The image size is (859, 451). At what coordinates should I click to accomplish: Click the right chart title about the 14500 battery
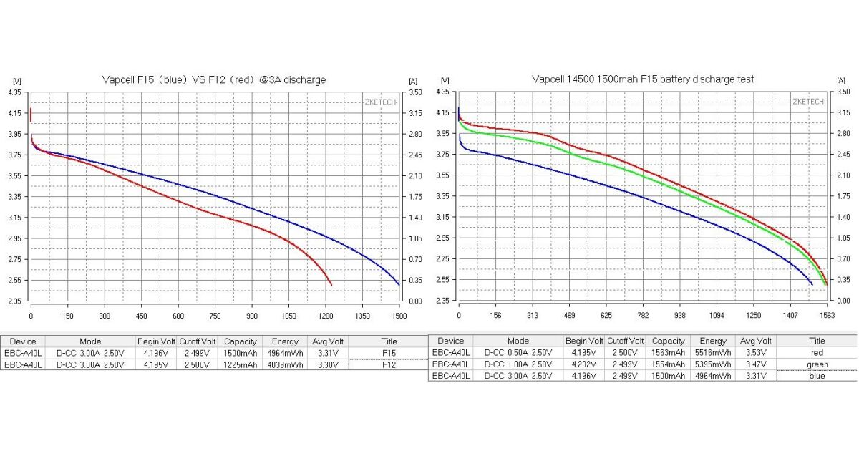click(x=643, y=79)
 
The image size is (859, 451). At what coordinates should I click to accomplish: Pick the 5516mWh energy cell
click(x=713, y=353)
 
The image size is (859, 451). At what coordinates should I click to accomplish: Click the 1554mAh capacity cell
click(x=669, y=364)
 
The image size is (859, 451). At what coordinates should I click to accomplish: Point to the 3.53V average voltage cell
click(x=756, y=353)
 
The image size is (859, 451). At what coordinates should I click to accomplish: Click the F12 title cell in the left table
click(x=389, y=364)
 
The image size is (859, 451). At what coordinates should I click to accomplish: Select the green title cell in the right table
click(x=817, y=364)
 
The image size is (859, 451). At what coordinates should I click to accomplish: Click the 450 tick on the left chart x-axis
click(x=141, y=316)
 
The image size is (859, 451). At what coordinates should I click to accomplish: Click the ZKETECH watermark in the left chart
click(x=380, y=102)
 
